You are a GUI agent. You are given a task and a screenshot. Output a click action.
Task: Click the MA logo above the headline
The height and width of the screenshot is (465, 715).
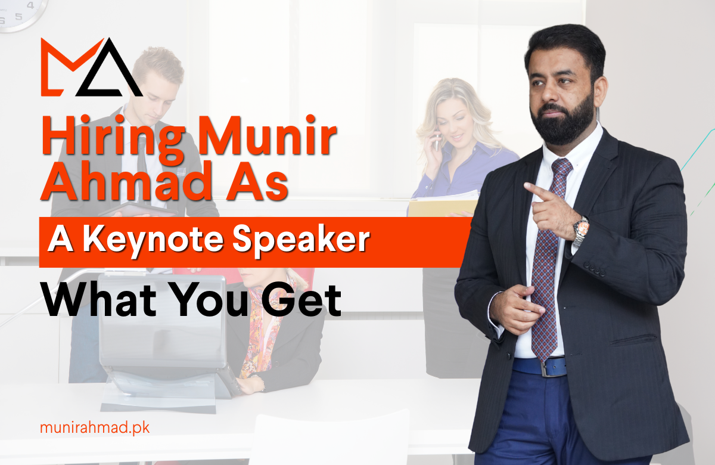pos(91,67)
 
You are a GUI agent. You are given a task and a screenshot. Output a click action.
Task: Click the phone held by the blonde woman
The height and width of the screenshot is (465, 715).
pos(437,140)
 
